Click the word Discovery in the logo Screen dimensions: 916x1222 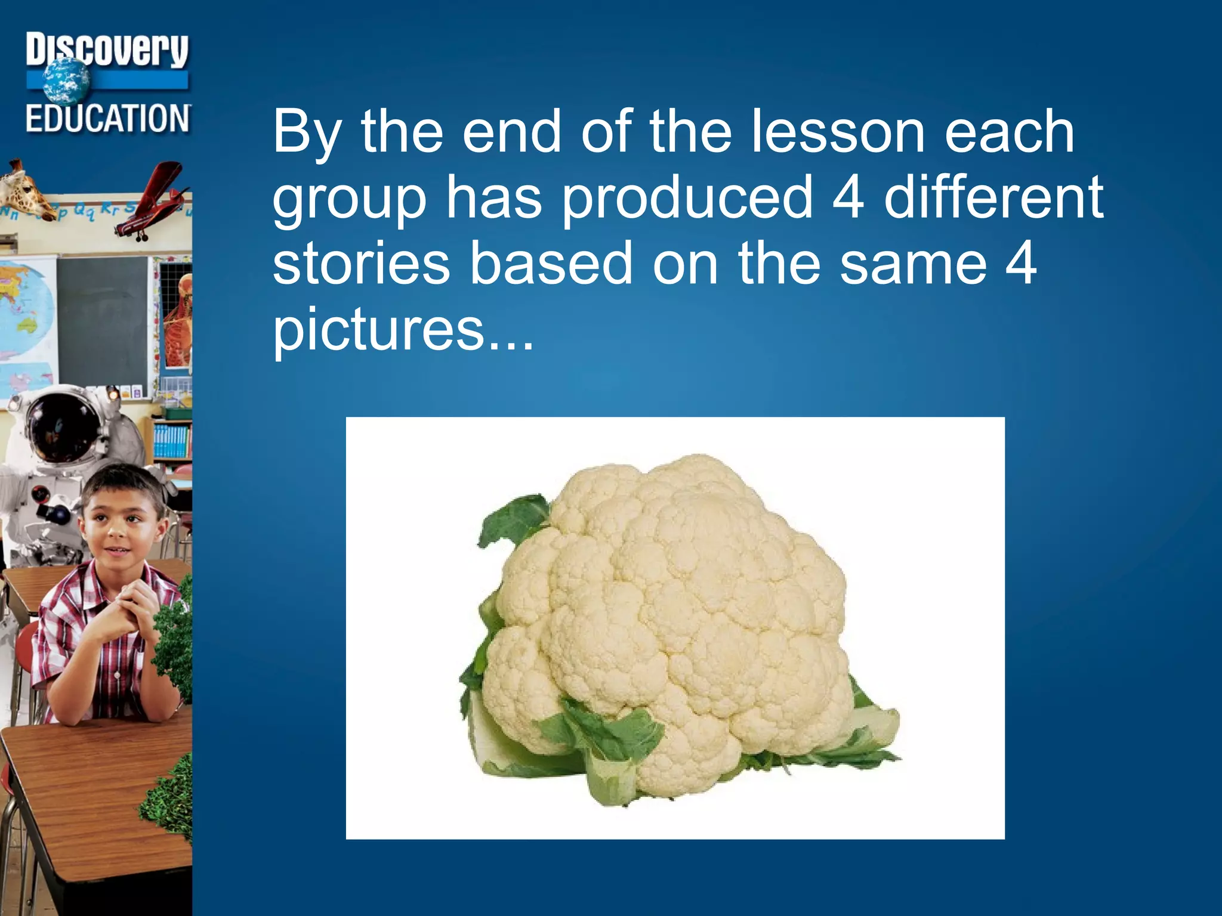(x=107, y=50)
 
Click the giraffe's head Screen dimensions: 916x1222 (x=27, y=191)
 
